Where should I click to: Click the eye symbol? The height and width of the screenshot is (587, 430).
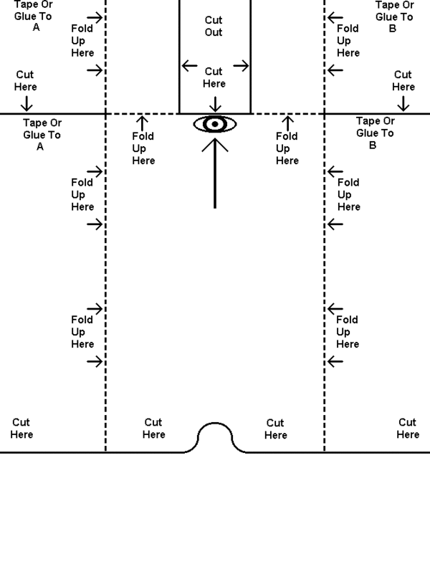pyautogui.click(x=215, y=125)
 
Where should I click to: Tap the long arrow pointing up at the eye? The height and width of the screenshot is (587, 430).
pyautogui.click(x=215, y=172)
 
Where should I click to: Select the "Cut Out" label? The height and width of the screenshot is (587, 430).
pyautogui.click(x=214, y=27)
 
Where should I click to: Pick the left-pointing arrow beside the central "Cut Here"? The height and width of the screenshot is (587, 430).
pyautogui.click(x=189, y=66)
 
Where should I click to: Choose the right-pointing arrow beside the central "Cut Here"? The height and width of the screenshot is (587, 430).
pyautogui.click(x=241, y=66)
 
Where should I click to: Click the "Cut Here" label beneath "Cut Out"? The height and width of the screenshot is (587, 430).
pyautogui.click(x=214, y=77)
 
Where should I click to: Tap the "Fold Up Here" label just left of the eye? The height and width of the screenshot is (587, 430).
pyautogui.click(x=143, y=148)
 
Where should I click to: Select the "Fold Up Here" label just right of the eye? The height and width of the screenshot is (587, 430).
pyautogui.click(x=287, y=148)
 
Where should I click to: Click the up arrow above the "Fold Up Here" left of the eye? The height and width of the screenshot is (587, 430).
pyautogui.click(x=143, y=121)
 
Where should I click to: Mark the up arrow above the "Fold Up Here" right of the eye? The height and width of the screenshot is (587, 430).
pyautogui.click(x=287, y=121)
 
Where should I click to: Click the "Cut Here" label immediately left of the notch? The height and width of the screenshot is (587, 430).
pyautogui.click(x=153, y=429)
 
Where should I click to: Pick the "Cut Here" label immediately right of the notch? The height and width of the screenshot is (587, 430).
pyautogui.click(x=275, y=429)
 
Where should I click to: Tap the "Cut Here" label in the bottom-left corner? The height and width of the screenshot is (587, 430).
pyautogui.click(x=21, y=429)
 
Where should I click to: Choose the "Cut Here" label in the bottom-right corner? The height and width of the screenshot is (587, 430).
pyautogui.click(x=407, y=429)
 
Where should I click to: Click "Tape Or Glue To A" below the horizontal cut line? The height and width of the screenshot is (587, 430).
pyautogui.click(x=42, y=134)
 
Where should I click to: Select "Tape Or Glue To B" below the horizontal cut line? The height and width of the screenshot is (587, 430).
pyautogui.click(x=375, y=133)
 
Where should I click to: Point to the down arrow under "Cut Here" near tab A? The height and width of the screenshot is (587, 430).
pyautogui.click(x=27, y=102)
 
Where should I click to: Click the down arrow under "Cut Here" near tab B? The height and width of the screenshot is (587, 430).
pyautogui.click(x=403, y=102)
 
